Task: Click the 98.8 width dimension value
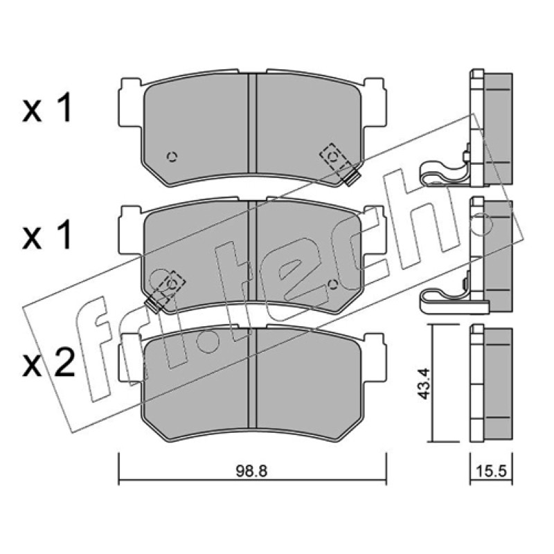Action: click(252, 471)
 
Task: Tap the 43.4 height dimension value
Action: click(423, 384)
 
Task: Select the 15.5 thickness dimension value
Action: click(492, 471)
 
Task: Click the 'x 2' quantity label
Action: click(48, 362)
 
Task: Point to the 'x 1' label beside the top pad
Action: click(47, 108)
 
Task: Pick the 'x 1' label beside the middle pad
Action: click(47, 235)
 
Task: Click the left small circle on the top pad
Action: click(172, 157)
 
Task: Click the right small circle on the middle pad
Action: click(332, 284)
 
